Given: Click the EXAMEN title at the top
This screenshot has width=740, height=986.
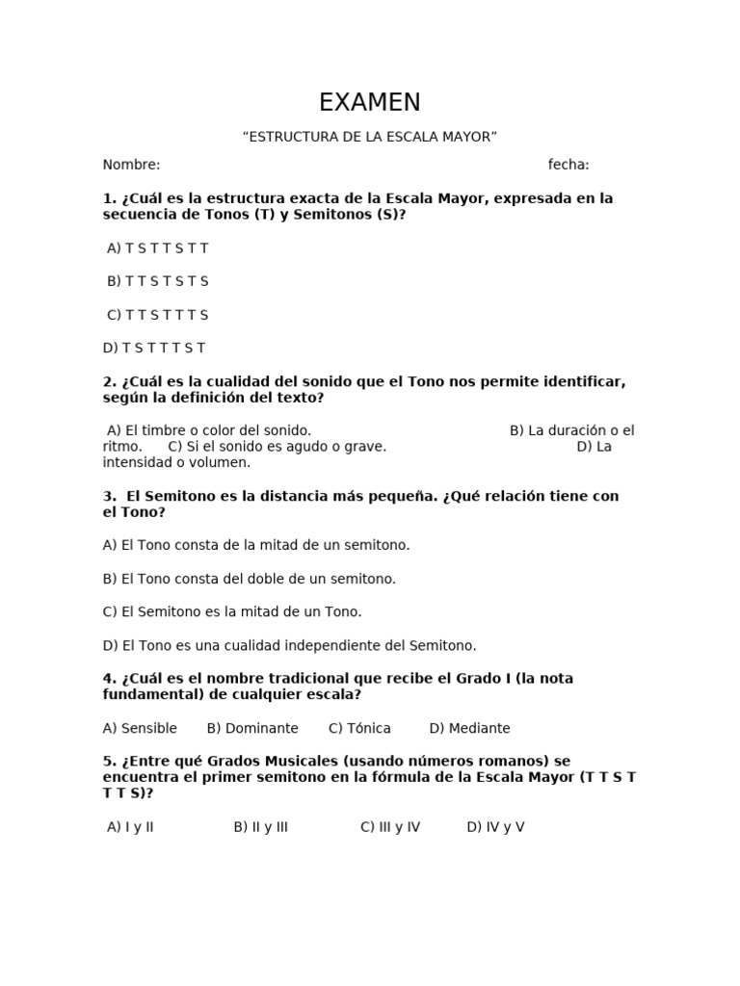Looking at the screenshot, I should click(x=370, y=102).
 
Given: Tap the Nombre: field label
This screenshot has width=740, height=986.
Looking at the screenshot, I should click(x=131, y=165).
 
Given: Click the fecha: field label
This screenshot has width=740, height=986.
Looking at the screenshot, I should click(x=568, y=165).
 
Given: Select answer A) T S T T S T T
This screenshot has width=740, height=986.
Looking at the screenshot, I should click(x=158, y=248).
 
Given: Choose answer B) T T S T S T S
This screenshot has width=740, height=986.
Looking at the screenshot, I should click(x=158, y=281).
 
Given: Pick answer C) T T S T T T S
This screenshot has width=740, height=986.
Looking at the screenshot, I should click(x=158, y=315).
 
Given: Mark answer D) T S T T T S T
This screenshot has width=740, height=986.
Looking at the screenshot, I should click(x=154, y=348).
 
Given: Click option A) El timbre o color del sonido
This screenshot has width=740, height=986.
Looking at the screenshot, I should click(x=209, y=430).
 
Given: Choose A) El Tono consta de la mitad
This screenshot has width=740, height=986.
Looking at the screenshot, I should click(x=256, y=545).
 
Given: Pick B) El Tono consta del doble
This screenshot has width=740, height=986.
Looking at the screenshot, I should click(x=250, y=579).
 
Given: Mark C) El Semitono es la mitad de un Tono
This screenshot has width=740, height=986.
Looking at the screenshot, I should click(x=232, y=611).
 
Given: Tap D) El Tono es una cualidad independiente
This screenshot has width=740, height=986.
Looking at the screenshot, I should click(x=289, y=645).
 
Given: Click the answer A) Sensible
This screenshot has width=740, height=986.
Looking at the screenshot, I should click(x=140, y=728).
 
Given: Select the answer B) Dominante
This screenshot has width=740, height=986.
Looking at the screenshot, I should click(x=252, y=728).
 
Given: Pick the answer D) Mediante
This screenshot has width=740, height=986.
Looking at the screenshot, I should click(x=470, y=728).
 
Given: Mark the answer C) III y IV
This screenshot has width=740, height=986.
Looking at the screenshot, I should click(x=390, y=827).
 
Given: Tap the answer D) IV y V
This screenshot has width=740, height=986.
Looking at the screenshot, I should click(x=495, y=827).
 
